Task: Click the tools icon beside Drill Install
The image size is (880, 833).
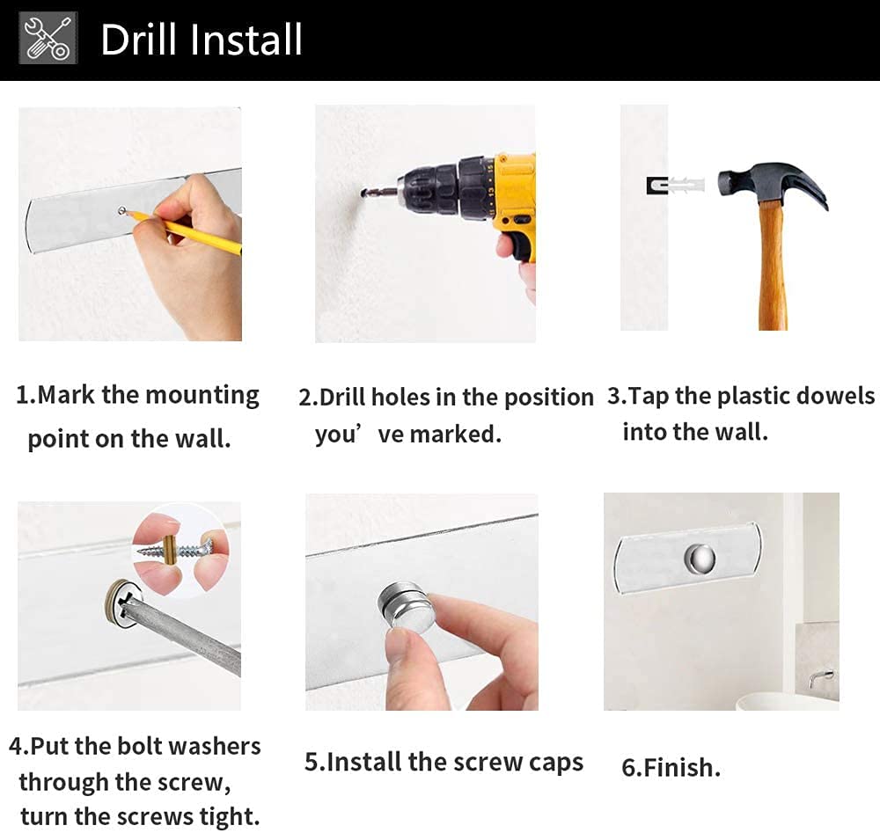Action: tap(48, 38)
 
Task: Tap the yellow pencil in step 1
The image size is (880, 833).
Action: tap(185, 231)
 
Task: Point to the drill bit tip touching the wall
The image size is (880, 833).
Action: tap(363, 194)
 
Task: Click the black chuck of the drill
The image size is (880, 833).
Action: tap(444, 188)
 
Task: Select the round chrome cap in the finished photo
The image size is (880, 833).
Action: tap(700, 559)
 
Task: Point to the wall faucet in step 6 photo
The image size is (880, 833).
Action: tap(821, 679)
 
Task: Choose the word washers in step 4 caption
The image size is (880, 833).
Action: tap(215, 746)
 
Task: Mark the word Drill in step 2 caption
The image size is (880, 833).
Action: tap(342, 397)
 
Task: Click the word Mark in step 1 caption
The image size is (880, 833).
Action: tap(66, 395)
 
